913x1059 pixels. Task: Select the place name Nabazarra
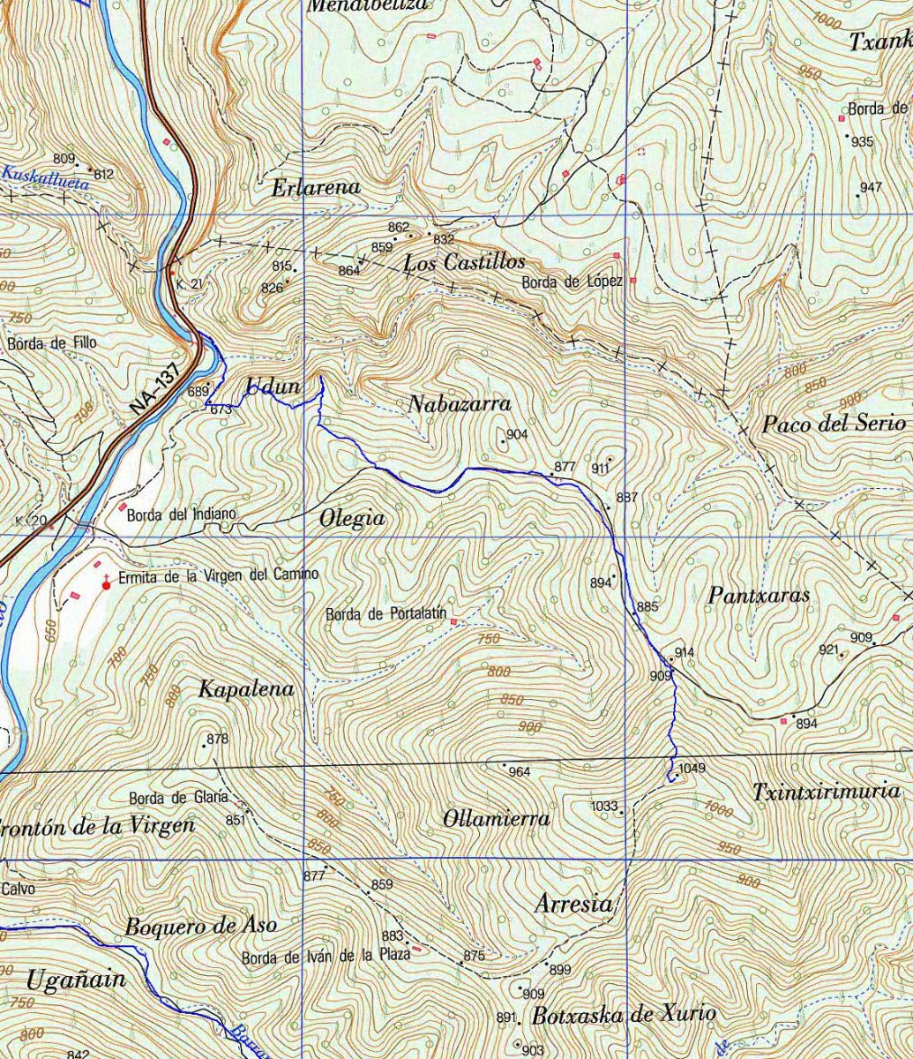click(x=460, y=404)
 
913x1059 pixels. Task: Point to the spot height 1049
click(x=692, y=769)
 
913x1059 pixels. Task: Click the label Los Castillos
click(x=464, y=262)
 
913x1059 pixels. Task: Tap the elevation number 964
click(x=520, y=772)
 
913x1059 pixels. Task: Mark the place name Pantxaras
click(x=759, y=596)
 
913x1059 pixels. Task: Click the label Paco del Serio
click(x=834, y=424)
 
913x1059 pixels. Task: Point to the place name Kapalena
click(x=245, y=689)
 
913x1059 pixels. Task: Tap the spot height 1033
click(x=604, y=806)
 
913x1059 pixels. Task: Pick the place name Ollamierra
click(x=496, y=819)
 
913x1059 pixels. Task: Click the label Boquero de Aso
click(x=200, y=926)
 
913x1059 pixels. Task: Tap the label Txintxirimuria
click(x=826, y=792)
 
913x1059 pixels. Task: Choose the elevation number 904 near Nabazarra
click(x=517, y=434)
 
